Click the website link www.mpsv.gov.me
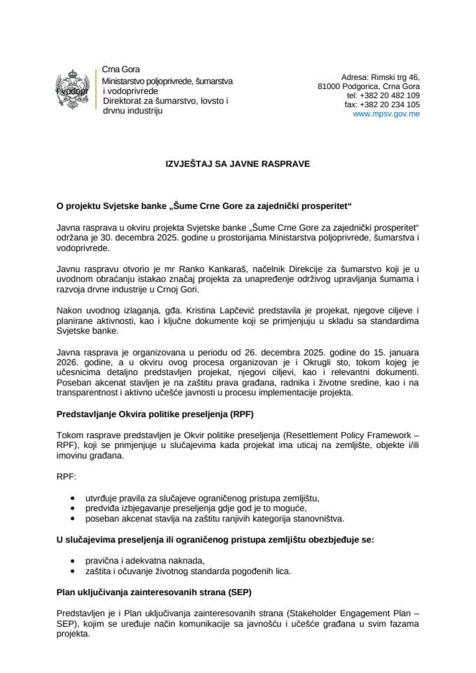[x=386, y=114]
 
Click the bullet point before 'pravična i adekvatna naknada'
[x=74, y=561]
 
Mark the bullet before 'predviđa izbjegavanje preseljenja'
[x=74, y=508]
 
